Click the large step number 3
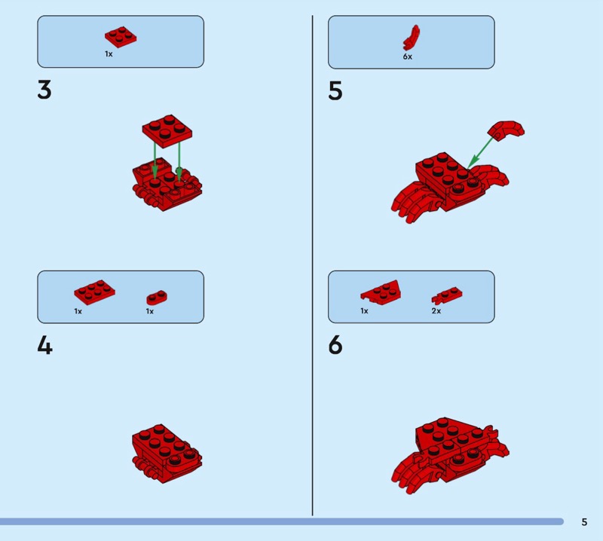[44, 90]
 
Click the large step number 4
[44, 345]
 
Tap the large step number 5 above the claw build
[335, 90]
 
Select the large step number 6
[335, 344]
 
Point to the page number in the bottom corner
[584, 521]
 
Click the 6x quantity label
[408, 57]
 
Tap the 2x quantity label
[436, 310]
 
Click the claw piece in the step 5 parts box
[411, 37]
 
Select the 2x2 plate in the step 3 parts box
[121, 37]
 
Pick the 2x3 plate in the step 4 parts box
[95, 292]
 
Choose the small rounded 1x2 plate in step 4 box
[157, 298]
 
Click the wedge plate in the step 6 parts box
[381, 293]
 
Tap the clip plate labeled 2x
[446, 295]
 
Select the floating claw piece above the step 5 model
[506, 131]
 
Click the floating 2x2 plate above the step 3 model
[167, 131]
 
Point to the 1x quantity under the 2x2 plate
[109, 54]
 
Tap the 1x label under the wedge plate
[364, 310]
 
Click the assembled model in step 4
[167, 454]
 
